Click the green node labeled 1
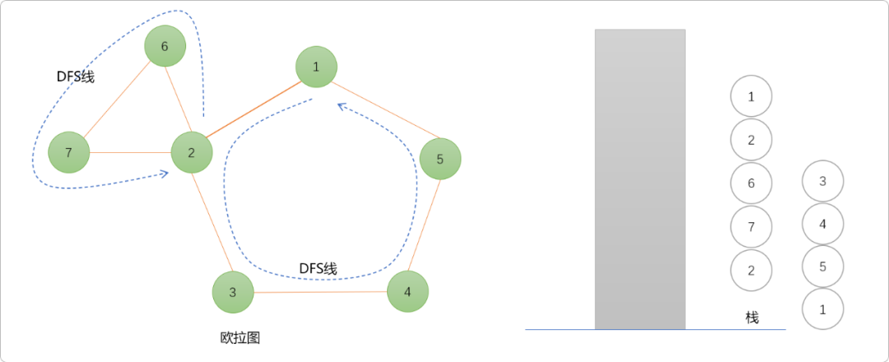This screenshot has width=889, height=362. pos(316,67)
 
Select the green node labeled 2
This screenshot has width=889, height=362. pos(192,152)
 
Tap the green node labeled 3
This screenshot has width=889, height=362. pos(233,292)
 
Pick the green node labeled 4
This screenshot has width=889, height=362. pos(407,291)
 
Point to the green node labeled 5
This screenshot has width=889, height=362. pos(440,159)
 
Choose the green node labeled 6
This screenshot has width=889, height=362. pos(165,46)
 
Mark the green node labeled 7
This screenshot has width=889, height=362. pos(68,152)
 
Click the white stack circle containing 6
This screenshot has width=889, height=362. pos(751,183)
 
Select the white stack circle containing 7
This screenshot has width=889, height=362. pos(751,226)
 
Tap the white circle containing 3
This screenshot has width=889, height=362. pos(822,182)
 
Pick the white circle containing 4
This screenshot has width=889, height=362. pos(822,223)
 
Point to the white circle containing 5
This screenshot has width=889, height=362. pos(822,266)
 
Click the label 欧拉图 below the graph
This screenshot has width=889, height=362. pos(240,337)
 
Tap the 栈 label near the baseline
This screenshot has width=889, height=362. pos(752,318)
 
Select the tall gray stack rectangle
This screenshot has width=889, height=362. pos(640,179)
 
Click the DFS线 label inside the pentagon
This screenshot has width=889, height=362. pos(318,268)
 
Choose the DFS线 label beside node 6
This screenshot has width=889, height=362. pos(76,77)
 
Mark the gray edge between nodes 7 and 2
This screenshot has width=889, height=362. pos(130,152)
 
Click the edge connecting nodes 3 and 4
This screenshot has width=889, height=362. pos(320,292)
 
